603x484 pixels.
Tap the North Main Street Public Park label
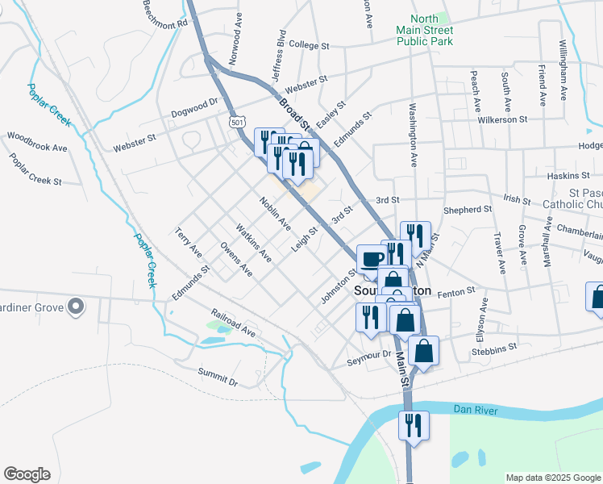(425, 30)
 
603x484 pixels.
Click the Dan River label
(476, 411)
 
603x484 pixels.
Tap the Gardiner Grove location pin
(77, 307)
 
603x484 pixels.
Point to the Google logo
(27, 474)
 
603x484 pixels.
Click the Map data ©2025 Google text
(553, 478)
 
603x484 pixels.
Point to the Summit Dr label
(218, 376)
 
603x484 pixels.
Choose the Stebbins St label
(494, 348)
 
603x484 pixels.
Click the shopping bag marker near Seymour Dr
(423, 352)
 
